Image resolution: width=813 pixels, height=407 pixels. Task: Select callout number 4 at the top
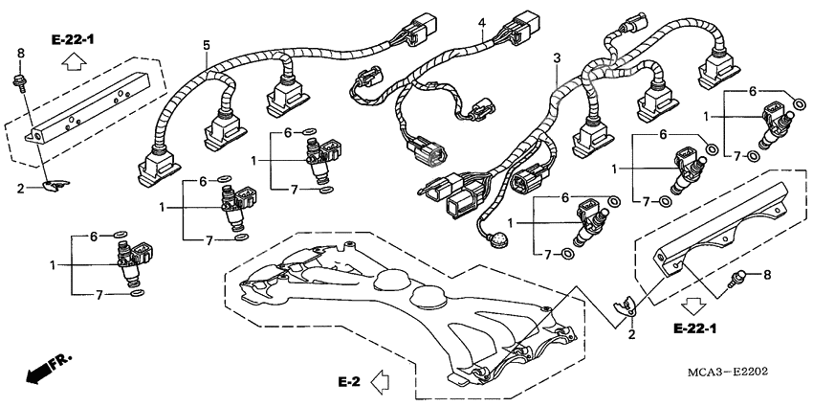tap(482, 23)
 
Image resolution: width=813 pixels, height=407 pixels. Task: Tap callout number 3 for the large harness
tap(557, 59)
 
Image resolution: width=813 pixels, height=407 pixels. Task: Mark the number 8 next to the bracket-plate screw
tap(764, 276)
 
